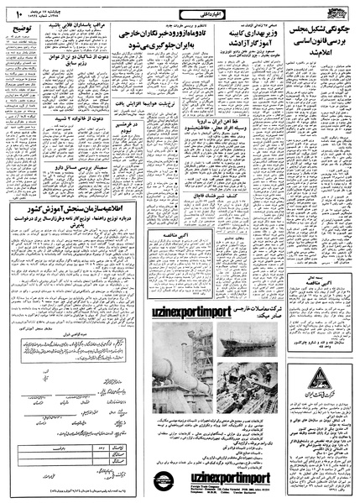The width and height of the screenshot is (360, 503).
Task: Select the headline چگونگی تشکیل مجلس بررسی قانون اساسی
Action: (316, 39)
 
